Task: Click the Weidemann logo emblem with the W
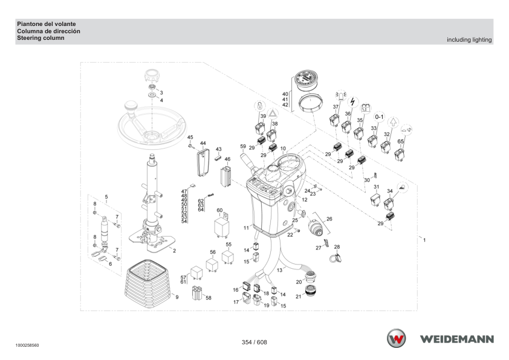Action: point(396,338)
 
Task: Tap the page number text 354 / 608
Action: point(254,342)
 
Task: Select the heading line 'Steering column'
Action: point(41,38)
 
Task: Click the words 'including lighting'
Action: point(469,40)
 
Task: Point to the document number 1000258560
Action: point(27,346)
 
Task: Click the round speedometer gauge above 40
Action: point(306,80)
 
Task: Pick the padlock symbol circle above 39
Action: point(260,106)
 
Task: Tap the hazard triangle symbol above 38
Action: point(273,114)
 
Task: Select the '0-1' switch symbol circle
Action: point(379,117)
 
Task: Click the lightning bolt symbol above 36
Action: point(352,102)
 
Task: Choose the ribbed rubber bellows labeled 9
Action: point(148,283)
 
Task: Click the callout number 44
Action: point(203,143)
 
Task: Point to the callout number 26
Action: point(329,219)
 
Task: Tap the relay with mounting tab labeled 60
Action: point(222,224)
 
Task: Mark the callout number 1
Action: point(424,240)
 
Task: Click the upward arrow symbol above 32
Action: point(393,123)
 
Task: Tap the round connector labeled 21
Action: point(311,291)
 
